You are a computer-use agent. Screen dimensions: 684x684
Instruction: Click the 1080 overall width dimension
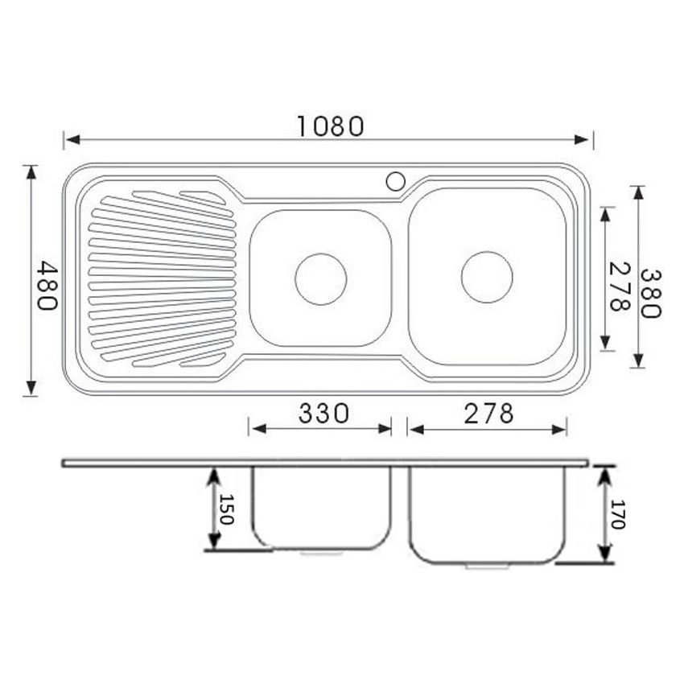point(331,126)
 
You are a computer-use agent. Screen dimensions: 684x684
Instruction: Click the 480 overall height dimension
point(46,286)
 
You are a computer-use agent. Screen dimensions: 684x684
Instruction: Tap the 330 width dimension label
point(323,414)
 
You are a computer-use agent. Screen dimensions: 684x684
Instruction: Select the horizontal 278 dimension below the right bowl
point(488,414)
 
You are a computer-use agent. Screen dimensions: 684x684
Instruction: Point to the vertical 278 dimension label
point(618,286)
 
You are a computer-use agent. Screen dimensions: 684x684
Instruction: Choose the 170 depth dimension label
point(617,514)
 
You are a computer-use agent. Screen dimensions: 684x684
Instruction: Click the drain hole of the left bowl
point(320,278)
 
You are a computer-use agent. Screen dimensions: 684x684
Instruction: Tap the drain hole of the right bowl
point(487,277)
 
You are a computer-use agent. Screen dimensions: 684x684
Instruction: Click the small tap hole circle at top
point(395,181)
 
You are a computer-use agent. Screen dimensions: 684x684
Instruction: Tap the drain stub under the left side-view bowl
point(320,553)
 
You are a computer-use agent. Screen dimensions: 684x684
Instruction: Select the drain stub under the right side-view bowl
point(487,567)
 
